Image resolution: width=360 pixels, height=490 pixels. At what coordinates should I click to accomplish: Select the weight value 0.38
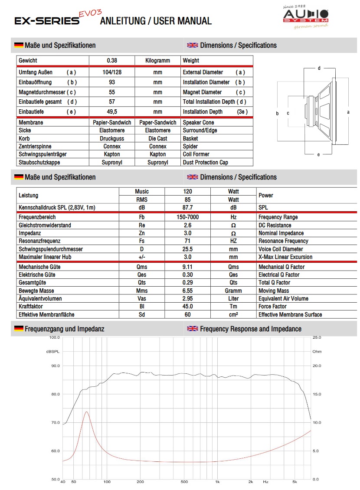point(112,61)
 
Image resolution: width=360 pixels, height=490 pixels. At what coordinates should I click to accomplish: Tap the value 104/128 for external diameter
point(112,72)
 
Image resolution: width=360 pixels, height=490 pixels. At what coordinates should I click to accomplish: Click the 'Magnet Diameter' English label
point(202,92)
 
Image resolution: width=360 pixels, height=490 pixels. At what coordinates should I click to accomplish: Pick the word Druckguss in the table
point(112,138)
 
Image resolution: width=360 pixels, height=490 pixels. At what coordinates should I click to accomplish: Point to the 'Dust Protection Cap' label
point(206,162)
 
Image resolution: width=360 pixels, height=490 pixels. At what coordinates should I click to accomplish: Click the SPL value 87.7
point(188,208)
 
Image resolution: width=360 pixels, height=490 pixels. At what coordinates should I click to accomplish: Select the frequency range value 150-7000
point(188,217)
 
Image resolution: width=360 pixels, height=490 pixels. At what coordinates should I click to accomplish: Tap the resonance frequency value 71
point(188,241)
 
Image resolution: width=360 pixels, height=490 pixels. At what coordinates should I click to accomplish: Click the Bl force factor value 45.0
point(188,306)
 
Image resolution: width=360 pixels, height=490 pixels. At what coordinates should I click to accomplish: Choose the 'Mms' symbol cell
point(142,291)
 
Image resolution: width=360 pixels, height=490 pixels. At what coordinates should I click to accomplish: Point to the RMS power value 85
point(188,199)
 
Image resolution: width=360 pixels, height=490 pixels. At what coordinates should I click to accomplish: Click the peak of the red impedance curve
point(87,412)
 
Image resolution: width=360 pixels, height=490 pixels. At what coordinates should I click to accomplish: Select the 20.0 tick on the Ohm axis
point(317,366)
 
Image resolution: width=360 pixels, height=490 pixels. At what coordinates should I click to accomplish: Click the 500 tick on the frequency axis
point(184,482)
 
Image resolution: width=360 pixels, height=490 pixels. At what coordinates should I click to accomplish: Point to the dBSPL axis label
point(52,351)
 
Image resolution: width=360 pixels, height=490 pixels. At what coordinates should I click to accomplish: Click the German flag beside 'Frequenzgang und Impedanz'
point(19,329)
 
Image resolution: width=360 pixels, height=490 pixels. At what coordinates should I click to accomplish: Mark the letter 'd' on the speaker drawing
point(319,68)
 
